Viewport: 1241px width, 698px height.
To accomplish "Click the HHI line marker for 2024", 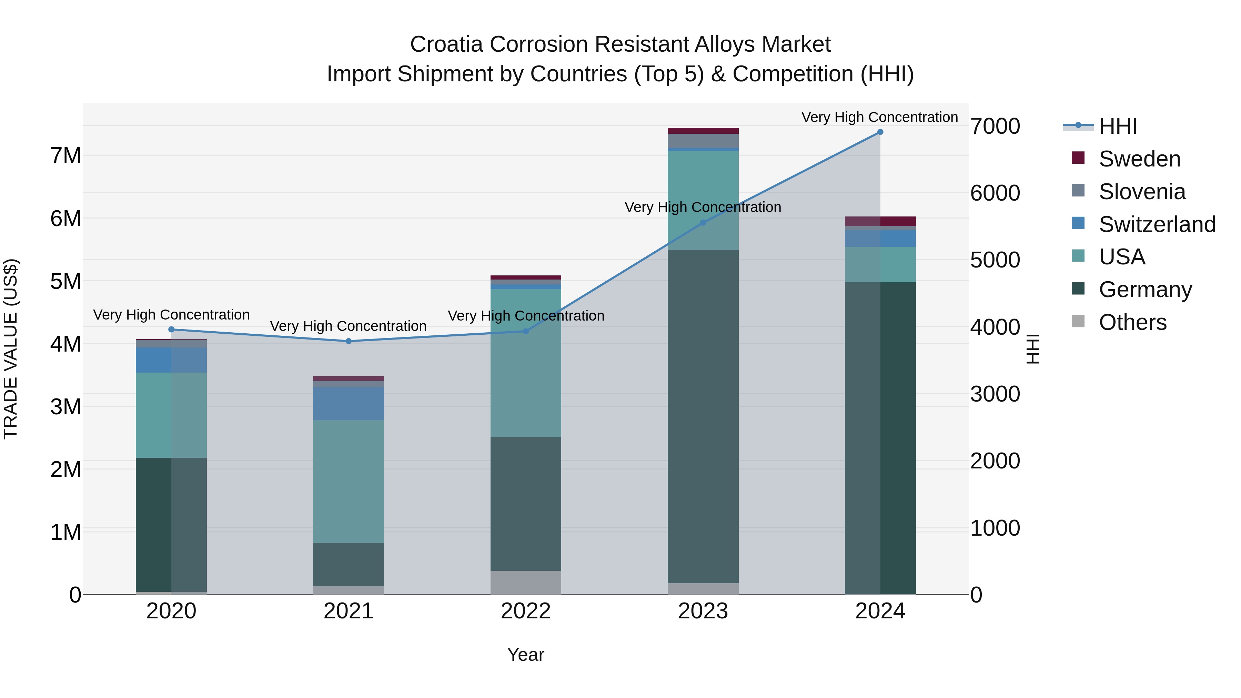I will [x=880, y=132].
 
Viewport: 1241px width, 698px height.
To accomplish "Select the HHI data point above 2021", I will [x=348, y=341].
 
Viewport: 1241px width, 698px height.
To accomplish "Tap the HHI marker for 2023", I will [x=703, y=223].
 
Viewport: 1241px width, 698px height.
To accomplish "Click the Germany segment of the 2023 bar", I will [x=703, y=417].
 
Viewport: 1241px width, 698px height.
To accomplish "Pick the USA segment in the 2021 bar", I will [x=348, y=482].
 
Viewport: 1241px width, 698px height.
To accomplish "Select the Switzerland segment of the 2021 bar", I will [x=348, y=404].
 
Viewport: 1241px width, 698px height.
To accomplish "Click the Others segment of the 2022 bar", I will [x=526, y=583].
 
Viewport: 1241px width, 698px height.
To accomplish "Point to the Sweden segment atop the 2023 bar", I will [x=703, y=131].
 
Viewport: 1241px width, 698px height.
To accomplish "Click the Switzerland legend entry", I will [x=1156, y=224].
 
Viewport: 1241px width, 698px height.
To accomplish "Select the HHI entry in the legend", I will [x=1118, y=126].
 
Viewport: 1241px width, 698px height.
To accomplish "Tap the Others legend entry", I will [x=1132, y=322].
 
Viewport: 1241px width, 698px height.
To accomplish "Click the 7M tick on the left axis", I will [x=66, y=155].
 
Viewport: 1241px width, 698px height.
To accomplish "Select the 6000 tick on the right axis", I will [x=995, y=193].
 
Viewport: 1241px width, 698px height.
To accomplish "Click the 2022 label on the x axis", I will [x=526, y=611].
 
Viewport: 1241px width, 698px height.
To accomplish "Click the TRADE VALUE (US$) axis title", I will [x=11, y=349].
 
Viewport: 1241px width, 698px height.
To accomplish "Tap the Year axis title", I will [x=526, y=655].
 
